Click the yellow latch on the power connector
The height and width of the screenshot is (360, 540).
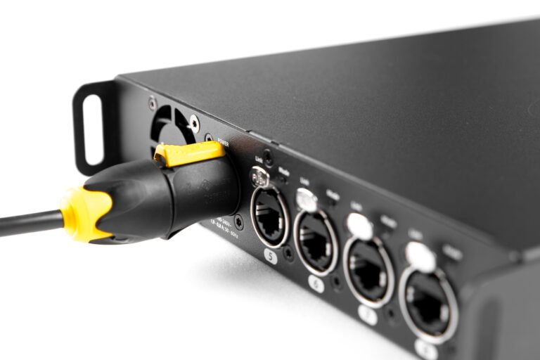pyautogui.click(x=189, y=153)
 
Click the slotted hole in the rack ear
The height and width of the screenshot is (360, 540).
pyautogui.click(x=93, y=130)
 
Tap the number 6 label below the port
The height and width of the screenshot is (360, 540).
pyautogui.click(x=316, y=284)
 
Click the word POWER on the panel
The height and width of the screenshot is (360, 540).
pyautogui.click(x=224, y=143)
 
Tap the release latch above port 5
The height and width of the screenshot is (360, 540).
pyautogui.click(x=259, y=179)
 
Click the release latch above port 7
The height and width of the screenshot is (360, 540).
pyautogui.click(x=359, y=226)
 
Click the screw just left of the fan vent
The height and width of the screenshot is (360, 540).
pyautogui.click(x=152, y=104)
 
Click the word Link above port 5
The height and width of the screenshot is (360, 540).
pyautogui.click(x=259, y=161)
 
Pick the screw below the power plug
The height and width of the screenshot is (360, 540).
pyautogui.click(x=239, y=223)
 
